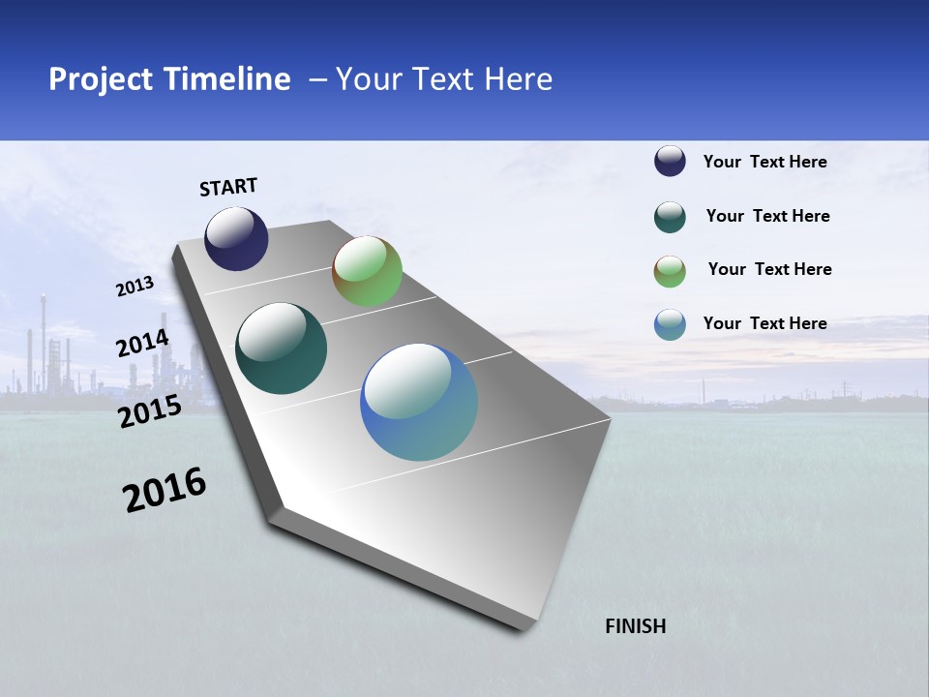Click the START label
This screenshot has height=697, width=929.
[228, 187]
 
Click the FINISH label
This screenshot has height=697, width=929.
[635, 626]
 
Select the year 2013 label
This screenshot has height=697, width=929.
[135, 287]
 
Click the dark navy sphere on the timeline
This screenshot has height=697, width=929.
[236, 238]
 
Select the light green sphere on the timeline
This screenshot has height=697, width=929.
[367, 271]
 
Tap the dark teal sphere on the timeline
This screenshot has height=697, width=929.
[281, 348]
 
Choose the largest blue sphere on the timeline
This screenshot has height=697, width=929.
[419, 402]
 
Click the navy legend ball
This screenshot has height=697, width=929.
[670, 162]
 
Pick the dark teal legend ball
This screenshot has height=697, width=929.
[670, 217]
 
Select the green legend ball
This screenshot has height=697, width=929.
[670, 271]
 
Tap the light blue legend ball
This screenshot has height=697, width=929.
[670, 324]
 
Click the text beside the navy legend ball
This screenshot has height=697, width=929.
[764, 162]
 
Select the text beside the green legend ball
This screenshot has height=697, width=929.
[769, 269]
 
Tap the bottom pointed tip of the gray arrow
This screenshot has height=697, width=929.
[523, 627]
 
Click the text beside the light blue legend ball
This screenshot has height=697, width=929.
[764, 323]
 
